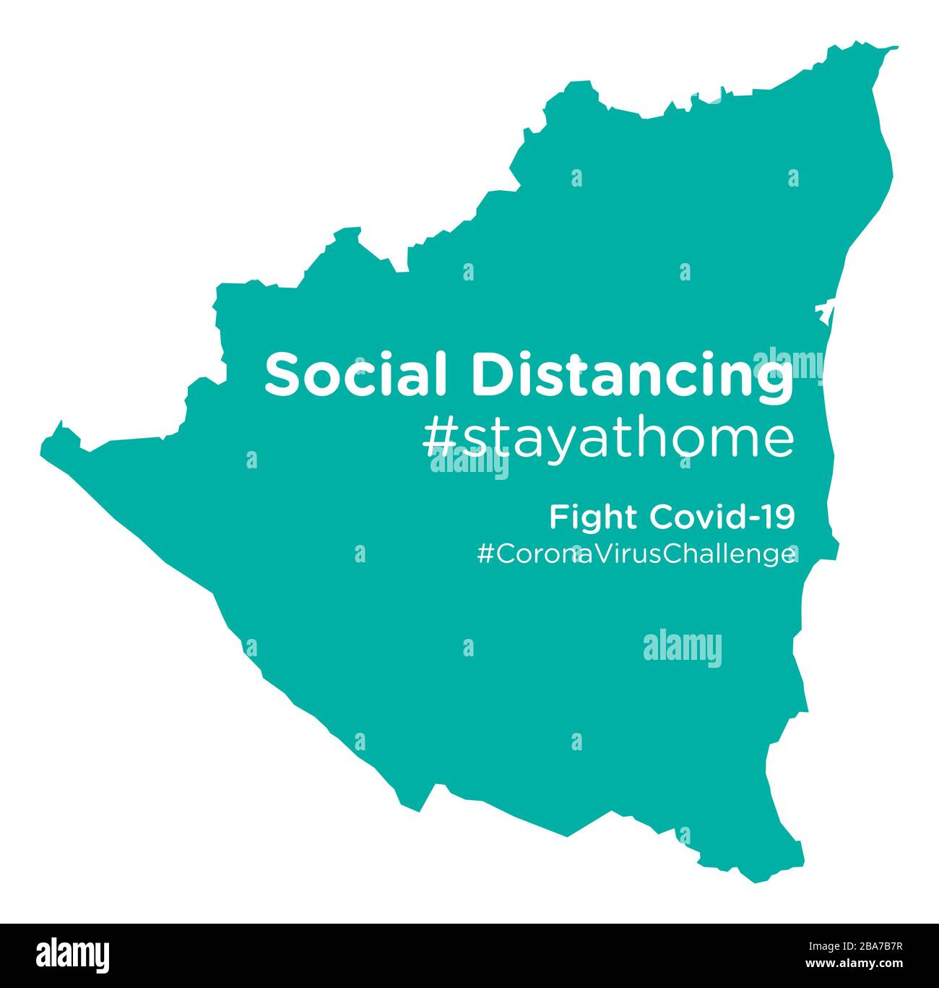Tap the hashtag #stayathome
tap(607, 440)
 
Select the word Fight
tap(594, 517)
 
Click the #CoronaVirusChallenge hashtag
tap(636, 555)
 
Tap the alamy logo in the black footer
tap(74, 955)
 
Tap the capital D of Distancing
tap(490, 374)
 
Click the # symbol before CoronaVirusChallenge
tap(485, 555)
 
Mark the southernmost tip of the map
tap(756, 881)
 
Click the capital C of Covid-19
tap(661, 517)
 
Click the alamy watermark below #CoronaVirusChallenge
tap(682, 648)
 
